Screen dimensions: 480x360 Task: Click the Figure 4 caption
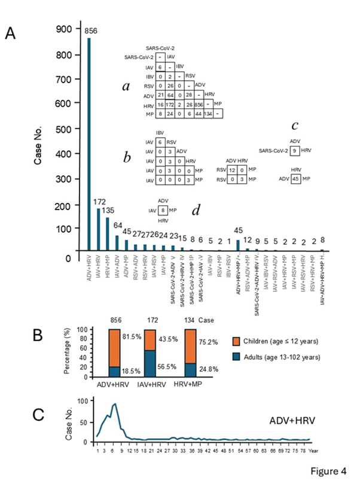pos(328,467)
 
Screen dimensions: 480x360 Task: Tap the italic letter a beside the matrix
pos(126,86)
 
